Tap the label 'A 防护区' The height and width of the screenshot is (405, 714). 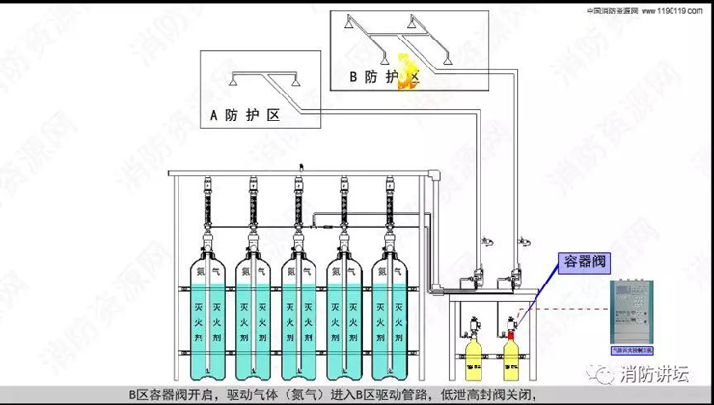point(245,116)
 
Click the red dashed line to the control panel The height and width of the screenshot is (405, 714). point(569,310)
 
